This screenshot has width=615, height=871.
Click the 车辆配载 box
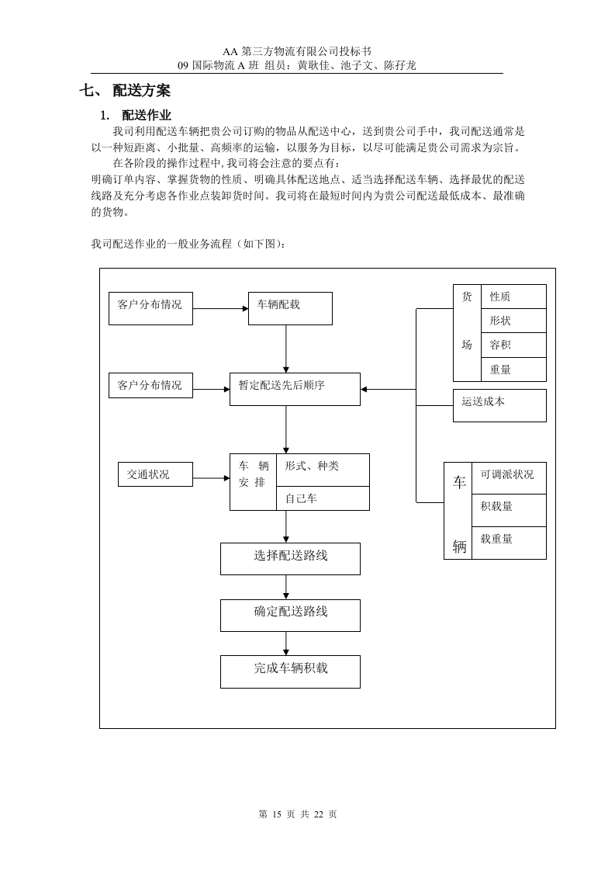(290, 308)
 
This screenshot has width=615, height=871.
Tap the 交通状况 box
(155, 474)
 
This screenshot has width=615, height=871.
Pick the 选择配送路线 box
(290, 558)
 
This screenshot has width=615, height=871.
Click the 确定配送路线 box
(290, 615)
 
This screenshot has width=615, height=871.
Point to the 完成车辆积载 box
(290, 671)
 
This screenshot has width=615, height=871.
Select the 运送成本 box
(499, 405)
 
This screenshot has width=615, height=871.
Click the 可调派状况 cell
(509, 477)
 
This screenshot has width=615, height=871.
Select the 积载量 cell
(509, 509)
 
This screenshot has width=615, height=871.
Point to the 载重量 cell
(509, 542)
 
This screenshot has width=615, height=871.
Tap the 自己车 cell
(323, 498)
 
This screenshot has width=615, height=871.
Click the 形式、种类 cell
(323, 469)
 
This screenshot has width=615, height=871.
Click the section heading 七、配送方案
(125, 91)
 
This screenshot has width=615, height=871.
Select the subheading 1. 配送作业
(136, 116)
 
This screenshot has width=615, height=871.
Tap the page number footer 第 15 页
(299, 814)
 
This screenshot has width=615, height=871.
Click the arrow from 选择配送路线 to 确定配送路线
(286, 587)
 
